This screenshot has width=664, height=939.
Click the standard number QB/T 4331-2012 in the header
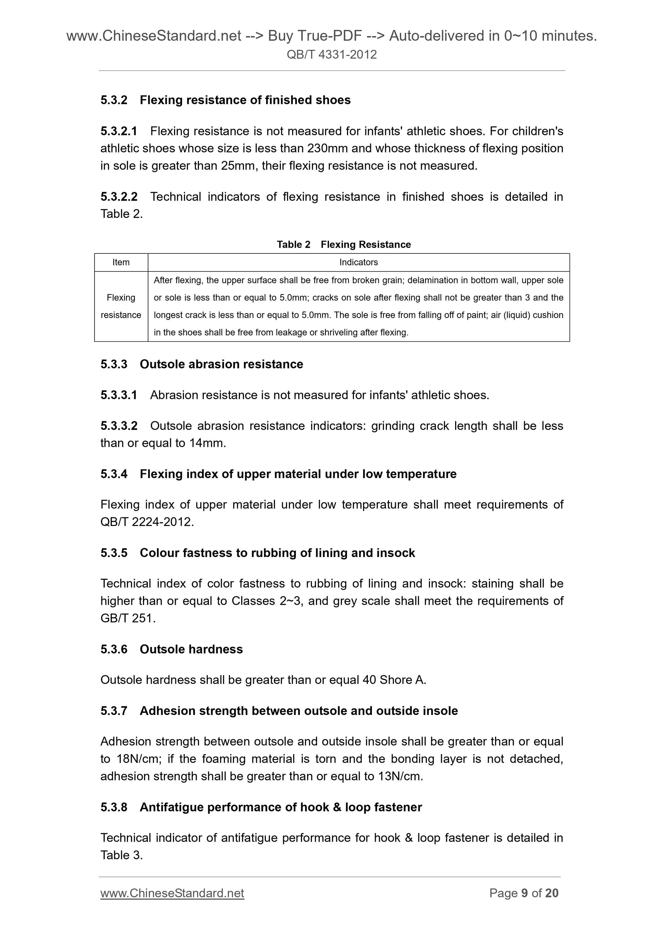tap(331, 54)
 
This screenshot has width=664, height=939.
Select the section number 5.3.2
tap(114, 100)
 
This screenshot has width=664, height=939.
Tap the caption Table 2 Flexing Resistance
tap(344, 245)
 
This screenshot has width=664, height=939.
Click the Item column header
tap(121, 263)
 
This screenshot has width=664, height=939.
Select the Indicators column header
tap(358, 263)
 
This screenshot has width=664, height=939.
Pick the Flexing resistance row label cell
tap(121, 306)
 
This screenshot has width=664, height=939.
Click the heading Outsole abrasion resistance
tap(221, 364)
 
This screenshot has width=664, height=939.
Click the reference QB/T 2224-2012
tap(146, 522)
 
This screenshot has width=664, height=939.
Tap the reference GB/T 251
tap(127, 618)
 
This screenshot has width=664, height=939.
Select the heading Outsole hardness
tap(191, 649)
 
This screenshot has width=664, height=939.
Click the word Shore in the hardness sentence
tap(395, 680)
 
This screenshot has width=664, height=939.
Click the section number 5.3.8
tap(114, 807)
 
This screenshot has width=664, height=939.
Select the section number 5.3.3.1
tap(119, 395)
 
